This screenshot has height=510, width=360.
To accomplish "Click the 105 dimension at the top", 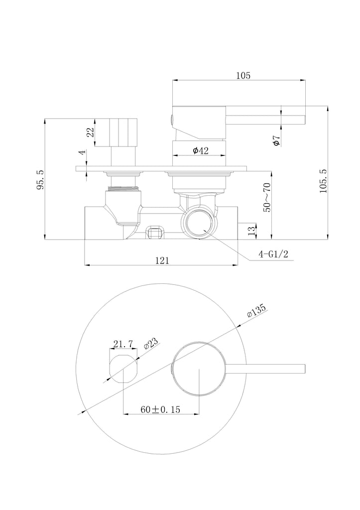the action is point(243,76).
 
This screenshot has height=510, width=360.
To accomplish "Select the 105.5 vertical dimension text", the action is point(323,181).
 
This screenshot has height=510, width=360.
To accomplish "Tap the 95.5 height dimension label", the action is point(40,179).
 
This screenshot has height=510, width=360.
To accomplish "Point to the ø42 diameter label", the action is point(201,150).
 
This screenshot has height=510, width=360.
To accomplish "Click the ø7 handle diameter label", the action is point(276,141).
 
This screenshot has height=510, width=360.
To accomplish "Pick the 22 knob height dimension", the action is point(90,131).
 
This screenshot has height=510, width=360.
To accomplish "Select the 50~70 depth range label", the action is point(267,197).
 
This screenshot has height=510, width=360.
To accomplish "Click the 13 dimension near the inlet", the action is point(251,231).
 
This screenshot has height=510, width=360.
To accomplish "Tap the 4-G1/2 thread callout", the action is point(273,254).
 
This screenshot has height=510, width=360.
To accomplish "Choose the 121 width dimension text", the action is point(162,260).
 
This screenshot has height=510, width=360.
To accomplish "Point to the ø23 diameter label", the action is point(150,343).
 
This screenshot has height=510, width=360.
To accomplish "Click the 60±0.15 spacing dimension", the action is point(160,409).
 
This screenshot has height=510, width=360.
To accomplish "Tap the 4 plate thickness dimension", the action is point(83,152).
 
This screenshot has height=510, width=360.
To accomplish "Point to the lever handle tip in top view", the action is point(304,369).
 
